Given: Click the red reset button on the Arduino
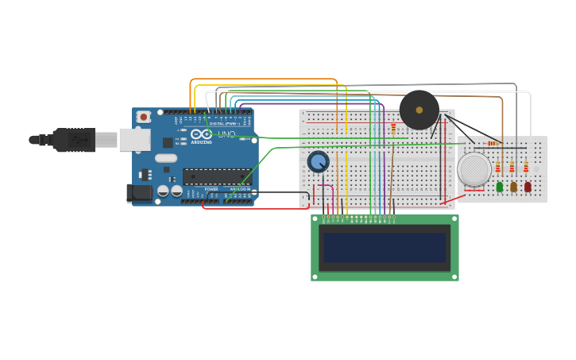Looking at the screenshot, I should click(143, 117).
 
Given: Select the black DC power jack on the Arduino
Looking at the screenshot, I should click(140, 192).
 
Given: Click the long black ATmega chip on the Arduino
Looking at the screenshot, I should click(216, 176).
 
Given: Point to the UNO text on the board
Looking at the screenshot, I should click(227, 134).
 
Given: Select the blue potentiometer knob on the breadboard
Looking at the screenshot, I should click(318, 162).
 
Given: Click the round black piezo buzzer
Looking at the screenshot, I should click(419, 110).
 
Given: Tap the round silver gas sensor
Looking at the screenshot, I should click(474, 169).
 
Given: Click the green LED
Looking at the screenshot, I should click(500, 187).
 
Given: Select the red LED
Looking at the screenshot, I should click(527, 187).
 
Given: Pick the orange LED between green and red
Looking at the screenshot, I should click(513, 187).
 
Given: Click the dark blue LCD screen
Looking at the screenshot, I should click(385, 247).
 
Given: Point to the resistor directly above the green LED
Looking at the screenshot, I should click(498, 167).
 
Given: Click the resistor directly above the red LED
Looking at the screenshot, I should click(525, 167).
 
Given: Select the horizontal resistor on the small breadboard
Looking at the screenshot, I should click(492, 143).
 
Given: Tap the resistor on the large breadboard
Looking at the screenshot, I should click(393, 127).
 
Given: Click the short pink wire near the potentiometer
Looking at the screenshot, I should click(325, 186).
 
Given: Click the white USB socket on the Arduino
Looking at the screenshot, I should click(134, 140).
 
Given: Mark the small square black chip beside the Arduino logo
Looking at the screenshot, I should click(168, 143).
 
